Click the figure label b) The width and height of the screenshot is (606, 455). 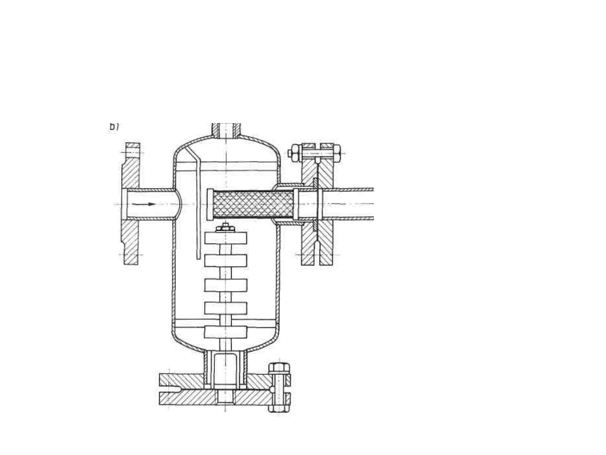114,127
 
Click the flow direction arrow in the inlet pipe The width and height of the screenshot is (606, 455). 147,204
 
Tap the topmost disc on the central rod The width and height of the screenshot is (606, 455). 226,238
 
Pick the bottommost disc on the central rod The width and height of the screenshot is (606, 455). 226,331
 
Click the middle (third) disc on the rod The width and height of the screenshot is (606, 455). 226,285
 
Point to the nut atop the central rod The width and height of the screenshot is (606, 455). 225,228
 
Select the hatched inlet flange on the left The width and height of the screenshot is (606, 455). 131,204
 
